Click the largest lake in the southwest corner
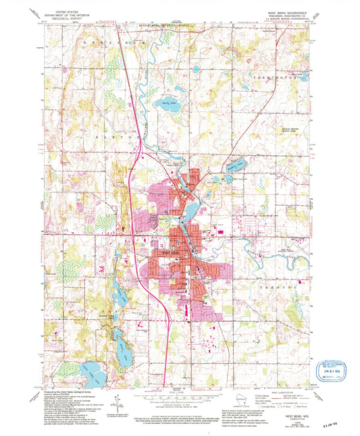click(91, 370)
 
